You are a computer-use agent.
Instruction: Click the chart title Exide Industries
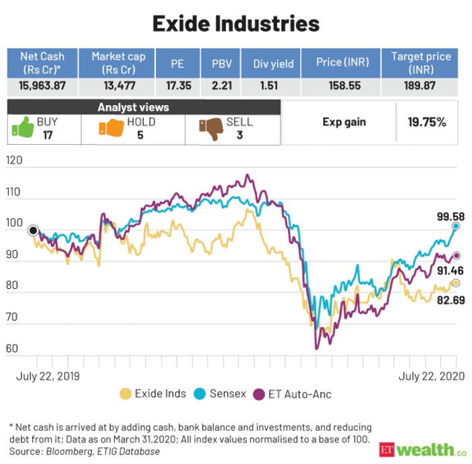tap(235, 24)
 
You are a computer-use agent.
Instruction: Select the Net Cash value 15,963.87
tap(42, 86)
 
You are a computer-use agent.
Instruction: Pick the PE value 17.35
tap(177, 86)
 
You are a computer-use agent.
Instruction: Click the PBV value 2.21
tap(221, 86)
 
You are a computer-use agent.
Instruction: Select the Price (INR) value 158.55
tap(341, 86)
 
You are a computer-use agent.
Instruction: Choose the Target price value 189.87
tap(421, 86)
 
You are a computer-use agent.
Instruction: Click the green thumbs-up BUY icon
tap(22, 128)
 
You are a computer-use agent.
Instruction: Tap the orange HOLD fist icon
tap(111, 128)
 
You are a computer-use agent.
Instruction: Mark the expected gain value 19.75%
tap(427, 122)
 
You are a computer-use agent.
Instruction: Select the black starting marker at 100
tap(33, 230)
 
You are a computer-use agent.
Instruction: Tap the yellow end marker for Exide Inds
tap(456, 283)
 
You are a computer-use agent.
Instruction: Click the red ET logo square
tap(387, 449)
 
